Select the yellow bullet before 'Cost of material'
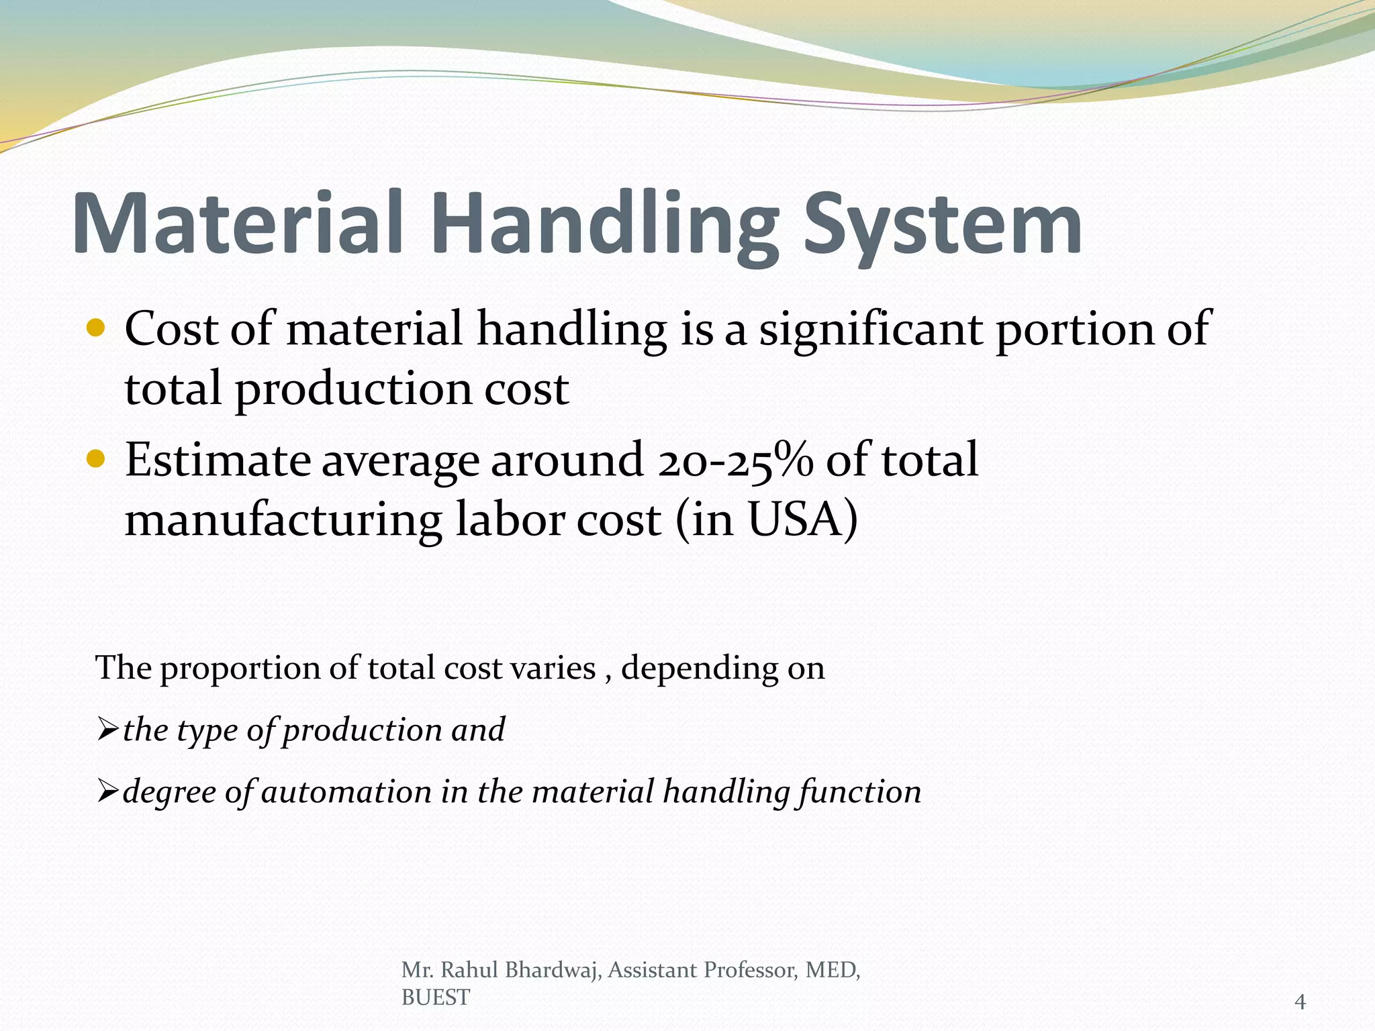coord(97,328)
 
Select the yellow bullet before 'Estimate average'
coord(97,459)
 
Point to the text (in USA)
coord(767,520)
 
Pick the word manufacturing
coord(283,521)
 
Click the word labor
coord(510,520)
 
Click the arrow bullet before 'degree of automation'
coord(107,791)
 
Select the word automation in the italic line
coord(346,792)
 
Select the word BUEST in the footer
coord(435,998)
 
